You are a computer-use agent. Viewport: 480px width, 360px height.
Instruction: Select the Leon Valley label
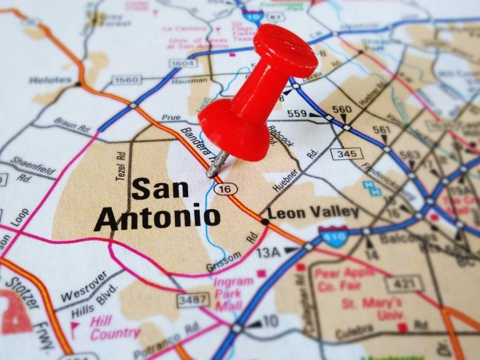[x=313, y=212]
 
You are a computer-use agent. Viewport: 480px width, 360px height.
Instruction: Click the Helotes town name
[x=49, y=80]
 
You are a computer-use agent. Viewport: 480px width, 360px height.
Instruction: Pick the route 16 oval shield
[x=225, y=188]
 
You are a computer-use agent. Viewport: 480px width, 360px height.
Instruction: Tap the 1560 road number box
[x=126, y=80]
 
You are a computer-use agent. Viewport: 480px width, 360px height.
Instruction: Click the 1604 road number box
[x=182, y=63]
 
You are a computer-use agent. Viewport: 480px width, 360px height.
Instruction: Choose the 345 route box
[x=346, y=154]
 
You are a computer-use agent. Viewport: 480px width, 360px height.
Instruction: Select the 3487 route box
[x=193, y=300]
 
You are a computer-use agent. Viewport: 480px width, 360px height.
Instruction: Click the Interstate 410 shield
[x=333, y=236]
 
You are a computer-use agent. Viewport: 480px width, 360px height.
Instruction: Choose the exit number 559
[x=296, y=114]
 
